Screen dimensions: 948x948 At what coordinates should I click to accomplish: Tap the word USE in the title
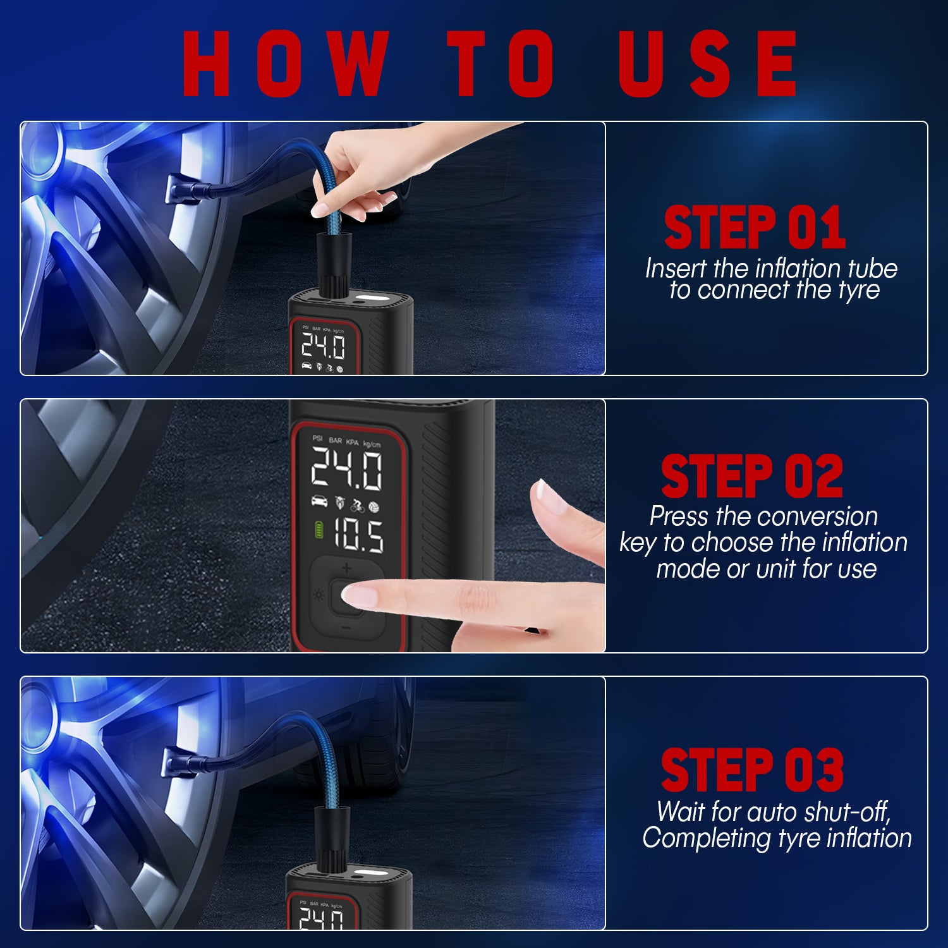click(708, 63)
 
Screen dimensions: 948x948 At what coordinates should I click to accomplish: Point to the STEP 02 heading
click(752, 476)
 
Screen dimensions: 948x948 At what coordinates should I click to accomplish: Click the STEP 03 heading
click(752, 770)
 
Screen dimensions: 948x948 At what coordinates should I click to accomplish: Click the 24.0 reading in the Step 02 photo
click(347, 469)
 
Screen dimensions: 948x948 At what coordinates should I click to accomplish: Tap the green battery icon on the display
click(319, 530)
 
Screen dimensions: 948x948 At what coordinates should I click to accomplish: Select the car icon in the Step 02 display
click(320, 502)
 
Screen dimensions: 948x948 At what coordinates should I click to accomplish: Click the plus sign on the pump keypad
click(346, 568)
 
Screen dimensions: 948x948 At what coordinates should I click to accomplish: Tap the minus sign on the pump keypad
click(346, 628)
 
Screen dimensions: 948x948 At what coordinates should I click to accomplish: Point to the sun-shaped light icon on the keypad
click(319, 595)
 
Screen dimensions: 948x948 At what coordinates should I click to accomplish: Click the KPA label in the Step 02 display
click(352, 442)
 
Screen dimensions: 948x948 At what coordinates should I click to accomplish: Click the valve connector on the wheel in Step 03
click(176, 762)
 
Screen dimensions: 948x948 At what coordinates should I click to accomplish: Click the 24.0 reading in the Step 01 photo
click(323, 346)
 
